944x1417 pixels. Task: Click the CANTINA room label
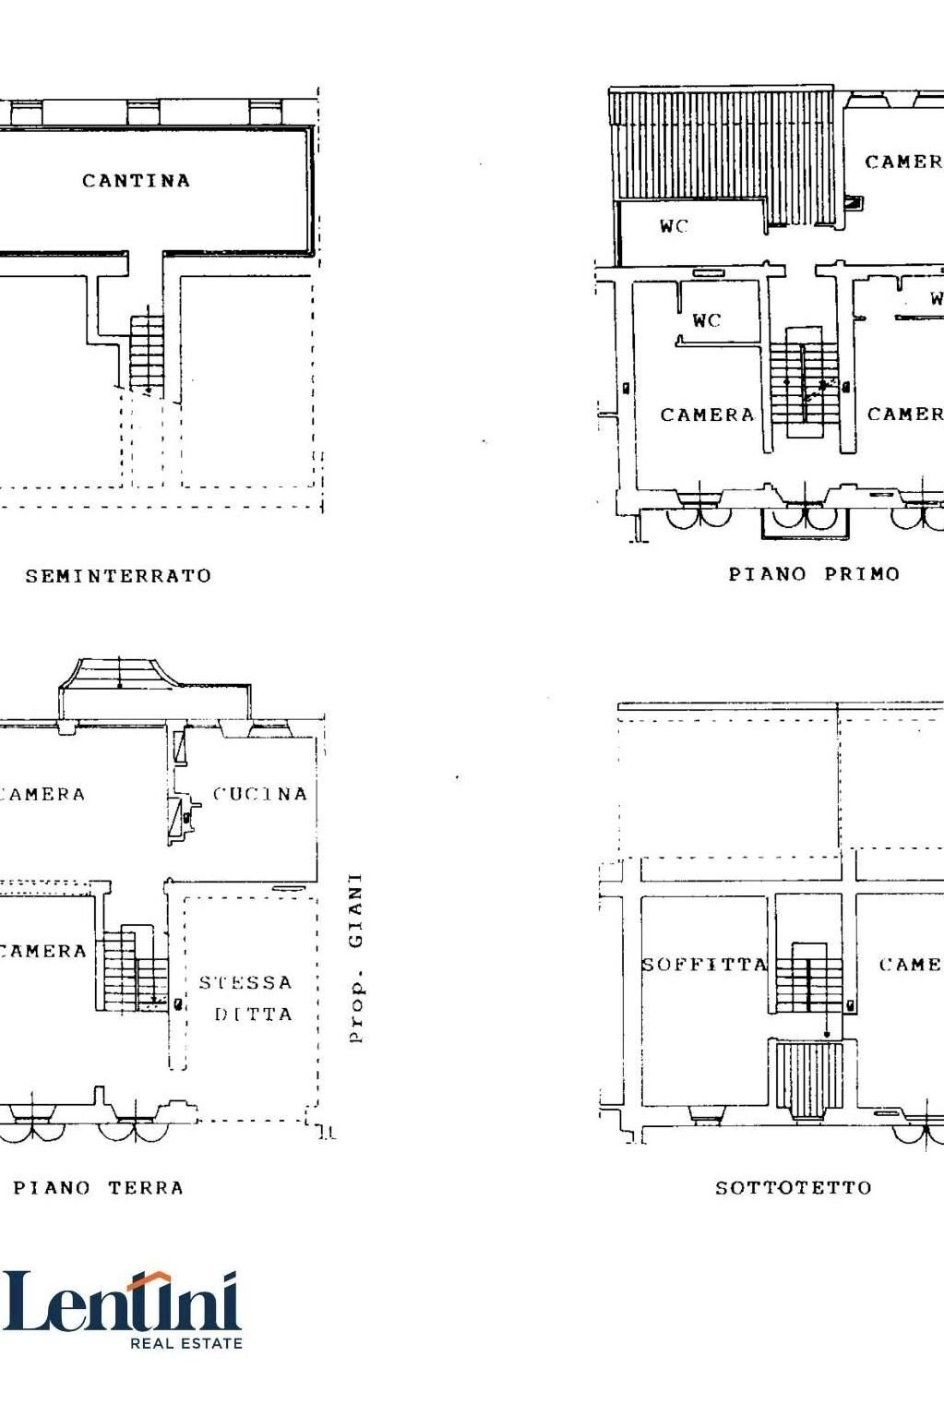point(136,181)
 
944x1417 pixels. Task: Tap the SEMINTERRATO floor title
point(118,576)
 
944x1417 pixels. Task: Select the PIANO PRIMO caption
point(814,574)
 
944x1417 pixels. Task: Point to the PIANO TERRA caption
point(98,1188)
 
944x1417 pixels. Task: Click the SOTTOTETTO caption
point(793,1188)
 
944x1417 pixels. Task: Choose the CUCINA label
point(259,794)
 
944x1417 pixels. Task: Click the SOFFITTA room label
point(704,965)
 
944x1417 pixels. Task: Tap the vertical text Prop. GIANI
point(355,958)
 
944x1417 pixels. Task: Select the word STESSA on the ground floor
point(245,982)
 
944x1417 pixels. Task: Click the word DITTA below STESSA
point(253,1015)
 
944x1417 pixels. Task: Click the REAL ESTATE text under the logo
point(185,1343)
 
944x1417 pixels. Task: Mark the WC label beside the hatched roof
point(674,226)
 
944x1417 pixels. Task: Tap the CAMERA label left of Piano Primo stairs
point(707,415)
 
